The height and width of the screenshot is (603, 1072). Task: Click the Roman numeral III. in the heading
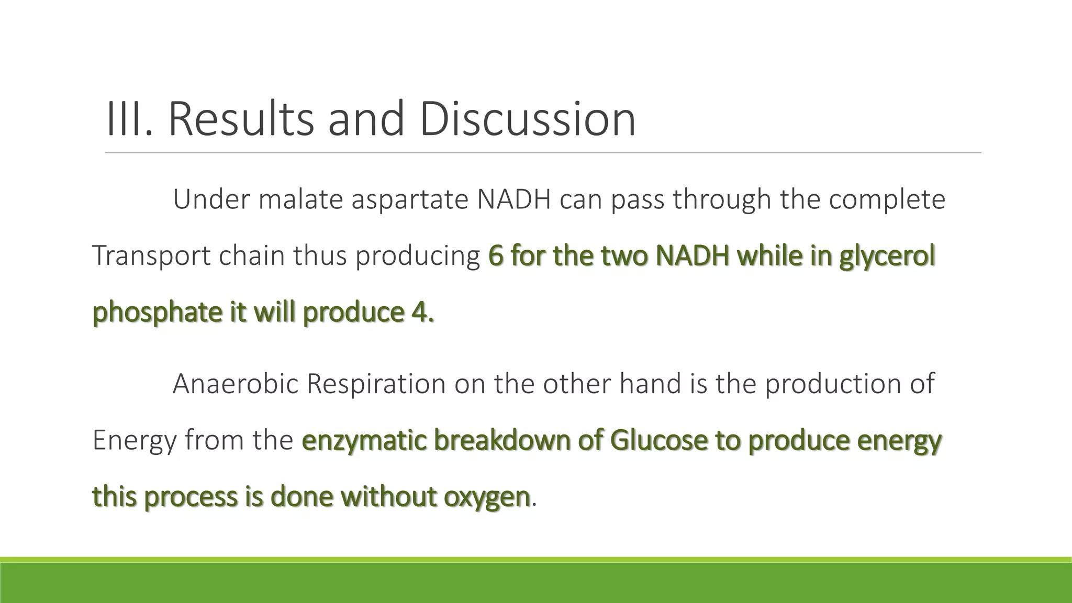click(129, 119)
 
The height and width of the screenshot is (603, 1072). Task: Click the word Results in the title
click(241, 119)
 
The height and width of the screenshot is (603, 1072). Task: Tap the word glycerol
click(887, 257)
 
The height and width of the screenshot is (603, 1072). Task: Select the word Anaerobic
click(235, 384)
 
